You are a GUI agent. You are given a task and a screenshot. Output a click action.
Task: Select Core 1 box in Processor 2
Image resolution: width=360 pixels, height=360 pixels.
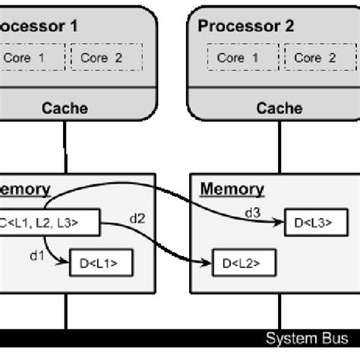[x=231, y=58]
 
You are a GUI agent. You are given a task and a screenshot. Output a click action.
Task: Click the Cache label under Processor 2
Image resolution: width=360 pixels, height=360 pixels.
[x=279, y=108]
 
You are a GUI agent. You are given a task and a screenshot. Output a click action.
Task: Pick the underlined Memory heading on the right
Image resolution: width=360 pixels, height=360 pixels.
[x=232, y=189]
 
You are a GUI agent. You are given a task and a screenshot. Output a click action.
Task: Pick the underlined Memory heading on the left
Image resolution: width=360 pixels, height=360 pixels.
[x=26, y=189]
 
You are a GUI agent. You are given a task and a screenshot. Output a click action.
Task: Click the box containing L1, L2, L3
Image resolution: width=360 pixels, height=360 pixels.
[x=49, y=222]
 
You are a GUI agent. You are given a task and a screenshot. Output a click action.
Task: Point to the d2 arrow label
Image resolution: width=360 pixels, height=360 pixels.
[x=138, y=219]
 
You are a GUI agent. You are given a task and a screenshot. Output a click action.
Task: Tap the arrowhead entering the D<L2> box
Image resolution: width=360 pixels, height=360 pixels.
[x=209, y=264]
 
